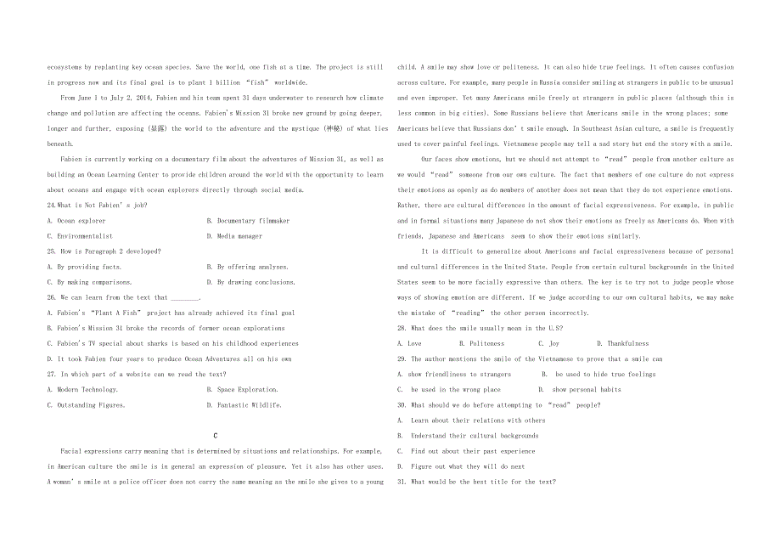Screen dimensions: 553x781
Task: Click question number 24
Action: [52, 206]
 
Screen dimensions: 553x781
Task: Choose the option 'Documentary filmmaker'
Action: [253, 221]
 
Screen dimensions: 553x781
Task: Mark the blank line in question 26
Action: [185, 298]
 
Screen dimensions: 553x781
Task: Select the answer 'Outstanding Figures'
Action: [90, 405]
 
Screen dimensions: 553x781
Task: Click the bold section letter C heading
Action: [216, 435]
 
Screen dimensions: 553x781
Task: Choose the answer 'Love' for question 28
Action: [414, 344]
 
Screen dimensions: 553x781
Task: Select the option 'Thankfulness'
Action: [627, 344]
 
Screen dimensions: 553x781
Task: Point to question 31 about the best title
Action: [476, 482]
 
